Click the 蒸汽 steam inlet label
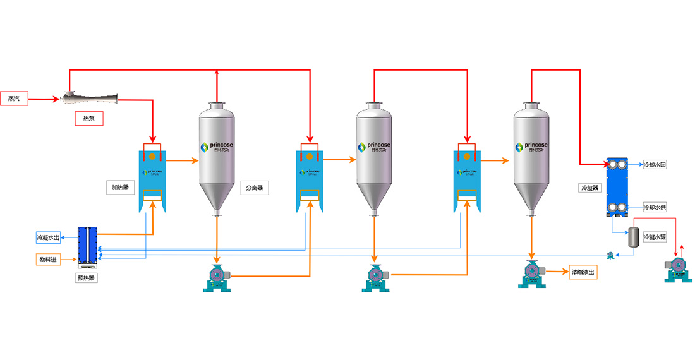point(14,99)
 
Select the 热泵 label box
point(88,117)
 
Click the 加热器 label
point(120,188)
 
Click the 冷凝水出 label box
point(48,237)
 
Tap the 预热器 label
point(88,278)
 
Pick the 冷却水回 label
point(654,165)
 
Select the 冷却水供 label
point(654,207)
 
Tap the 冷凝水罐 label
point(654,237)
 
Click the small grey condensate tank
point(632,237)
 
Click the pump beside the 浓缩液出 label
point(531,273)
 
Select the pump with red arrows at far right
point(677,268)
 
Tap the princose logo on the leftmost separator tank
point(217,147)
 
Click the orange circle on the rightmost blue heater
point(466,156)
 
